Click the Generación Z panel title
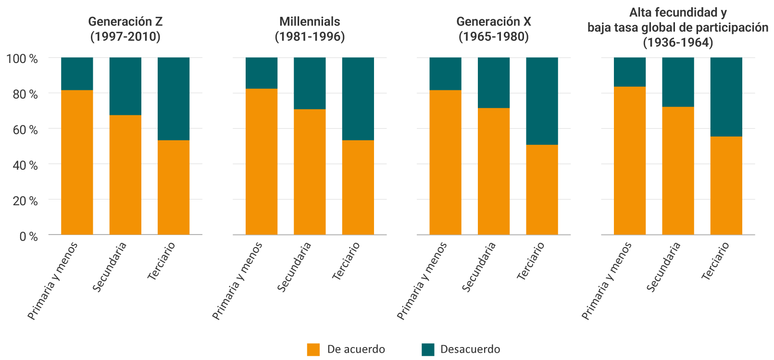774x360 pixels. click(125, 29)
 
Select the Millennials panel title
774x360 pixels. click(310, 29)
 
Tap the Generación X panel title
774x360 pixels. click(493, 29)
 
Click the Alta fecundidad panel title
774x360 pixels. click(678, 27)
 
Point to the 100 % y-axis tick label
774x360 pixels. click(22, 59)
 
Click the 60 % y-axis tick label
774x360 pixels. click(25, 130)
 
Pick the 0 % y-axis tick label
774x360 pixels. click(28, 236)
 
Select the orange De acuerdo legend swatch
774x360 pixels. click(313, 349)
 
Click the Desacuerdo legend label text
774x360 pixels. click(470, 349)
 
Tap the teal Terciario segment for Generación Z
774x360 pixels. click(174, 99)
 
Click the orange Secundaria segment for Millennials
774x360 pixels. click(310, 172)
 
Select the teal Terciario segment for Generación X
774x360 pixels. click(542, 101)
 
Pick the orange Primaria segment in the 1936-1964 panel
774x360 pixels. click(629, 161)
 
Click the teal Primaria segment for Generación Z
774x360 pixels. click(77, 74)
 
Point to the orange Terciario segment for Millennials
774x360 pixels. click(358, 187)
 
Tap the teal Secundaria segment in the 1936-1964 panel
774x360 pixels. click(678, 82)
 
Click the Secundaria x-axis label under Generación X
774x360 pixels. click(479, 267)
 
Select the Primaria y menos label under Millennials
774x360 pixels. click(237, 281)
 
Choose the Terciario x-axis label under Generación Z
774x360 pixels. click(162, 261)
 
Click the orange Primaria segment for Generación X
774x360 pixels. click(445, 162)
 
